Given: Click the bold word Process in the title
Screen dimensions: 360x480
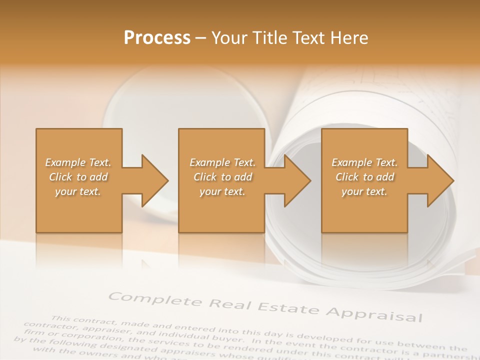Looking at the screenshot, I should [157, 37].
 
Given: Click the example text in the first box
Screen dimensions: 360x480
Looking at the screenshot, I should [78, 177].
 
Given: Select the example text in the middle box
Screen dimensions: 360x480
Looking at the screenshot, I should [222, 177].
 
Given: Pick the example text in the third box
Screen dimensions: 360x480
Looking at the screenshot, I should [364, 177].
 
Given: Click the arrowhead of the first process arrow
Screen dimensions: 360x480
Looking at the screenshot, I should [154, 180].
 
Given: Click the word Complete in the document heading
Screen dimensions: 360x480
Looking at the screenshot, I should [155, 300].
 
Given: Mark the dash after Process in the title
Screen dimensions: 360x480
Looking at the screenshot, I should [201, 38].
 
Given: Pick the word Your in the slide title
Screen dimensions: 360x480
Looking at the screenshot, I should [229, 37].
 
